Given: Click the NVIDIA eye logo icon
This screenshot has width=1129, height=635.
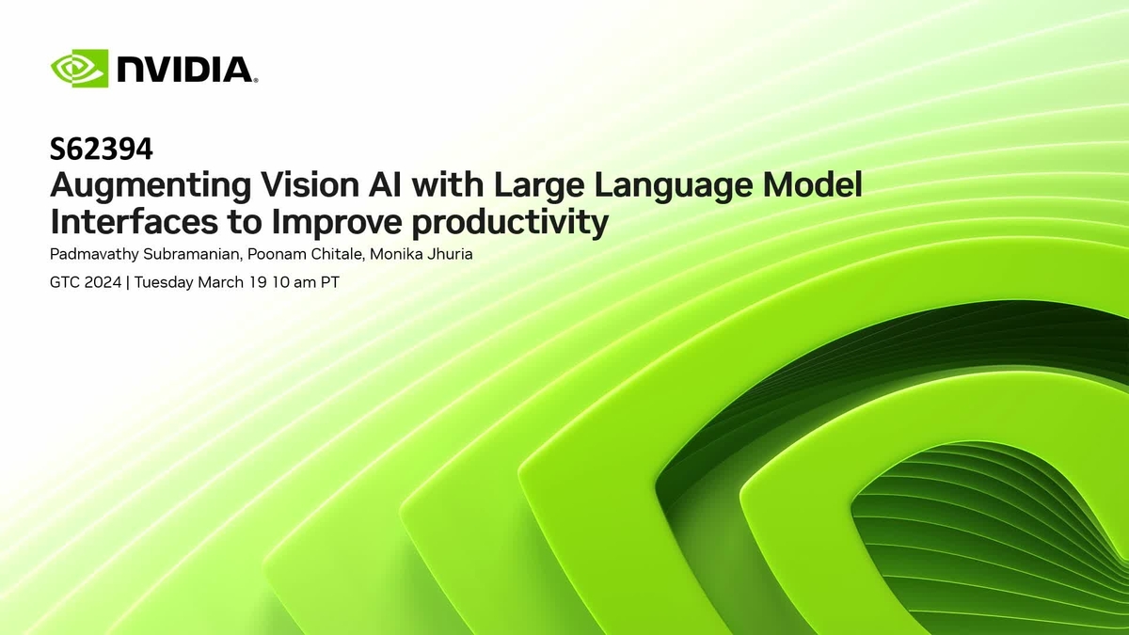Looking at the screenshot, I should coord(80,69).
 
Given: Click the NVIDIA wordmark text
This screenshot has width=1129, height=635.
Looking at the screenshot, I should coord(186,70).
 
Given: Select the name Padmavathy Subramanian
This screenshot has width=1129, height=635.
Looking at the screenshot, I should coord(139,255).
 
